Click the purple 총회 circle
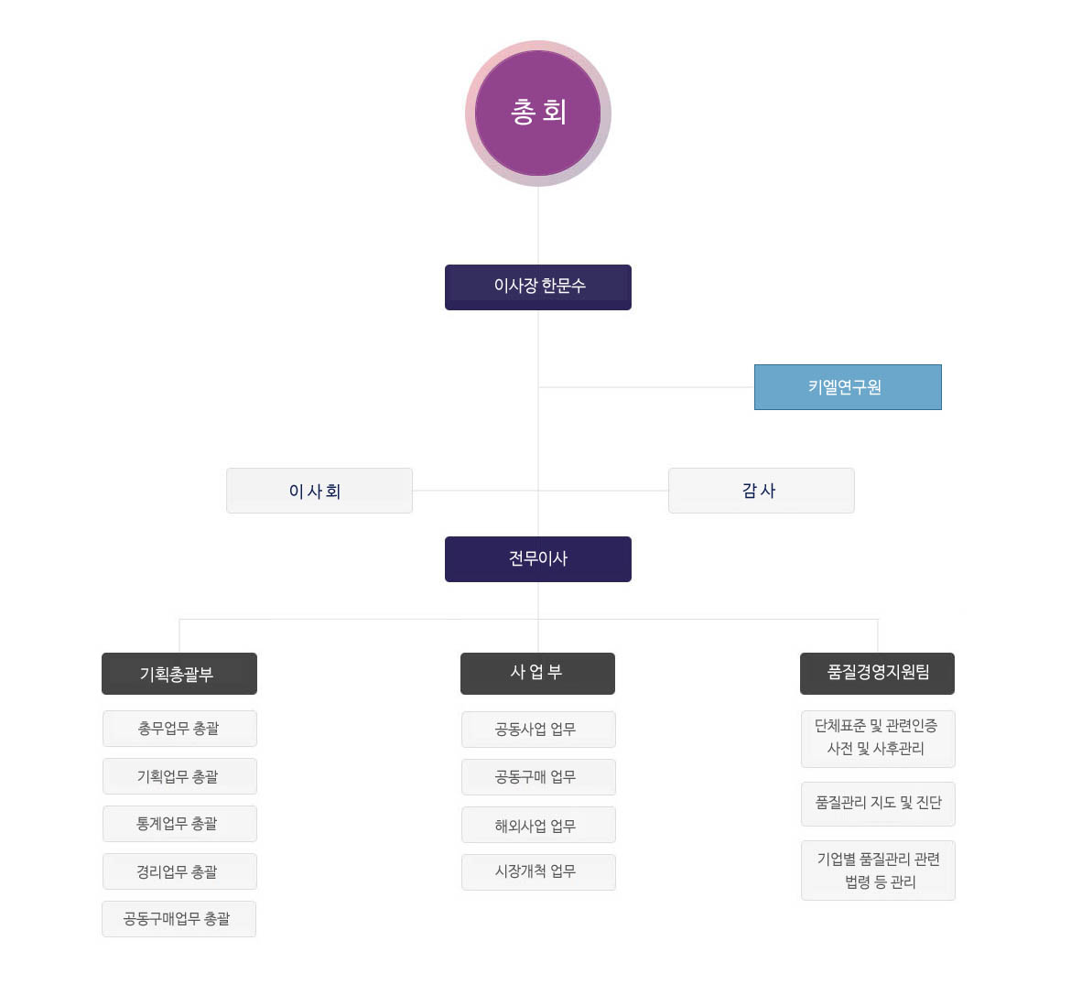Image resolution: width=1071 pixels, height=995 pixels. click(538, 113)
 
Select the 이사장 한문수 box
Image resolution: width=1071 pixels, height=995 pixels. click(538, 287)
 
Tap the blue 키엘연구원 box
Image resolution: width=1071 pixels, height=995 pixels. click(848, 387)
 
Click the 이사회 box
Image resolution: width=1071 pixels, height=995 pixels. click(319, 491)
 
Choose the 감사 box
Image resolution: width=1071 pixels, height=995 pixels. click(762, 491)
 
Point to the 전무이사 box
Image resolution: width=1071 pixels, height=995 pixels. click(538, 559)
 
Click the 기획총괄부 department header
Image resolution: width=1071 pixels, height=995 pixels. click(179, 674)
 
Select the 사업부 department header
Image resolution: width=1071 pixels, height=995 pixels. click(537, 674)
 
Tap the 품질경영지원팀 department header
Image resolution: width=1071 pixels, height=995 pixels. click(877, 674)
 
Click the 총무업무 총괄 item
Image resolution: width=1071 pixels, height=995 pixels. click(179, 729)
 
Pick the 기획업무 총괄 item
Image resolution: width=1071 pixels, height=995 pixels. click(179, 776)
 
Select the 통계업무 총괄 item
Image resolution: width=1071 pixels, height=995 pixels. click(179, 824)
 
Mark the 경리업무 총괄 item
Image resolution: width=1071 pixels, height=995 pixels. click(179, 871)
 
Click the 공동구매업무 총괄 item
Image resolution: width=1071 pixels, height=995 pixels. click(178, 919)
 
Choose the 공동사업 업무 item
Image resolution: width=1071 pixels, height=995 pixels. click(538, 730)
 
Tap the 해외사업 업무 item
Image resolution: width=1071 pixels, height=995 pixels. click(538, 825)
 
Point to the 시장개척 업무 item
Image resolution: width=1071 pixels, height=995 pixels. click(538, 872)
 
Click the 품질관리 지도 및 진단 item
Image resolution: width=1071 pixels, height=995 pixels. click(878, 804)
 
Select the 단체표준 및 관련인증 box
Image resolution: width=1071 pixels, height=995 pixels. click(878, 739)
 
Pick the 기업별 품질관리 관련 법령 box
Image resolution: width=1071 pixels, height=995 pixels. click(878, 871)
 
